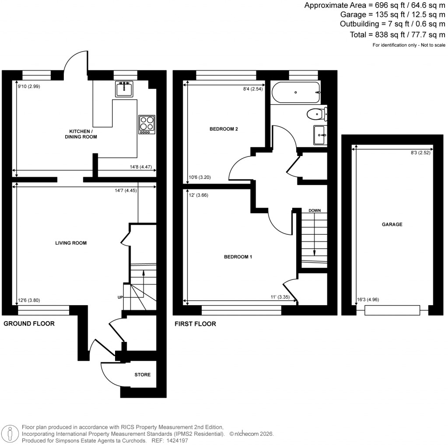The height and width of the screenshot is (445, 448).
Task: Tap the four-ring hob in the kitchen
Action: [147, 124]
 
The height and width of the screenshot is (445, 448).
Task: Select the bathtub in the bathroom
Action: [296, 93]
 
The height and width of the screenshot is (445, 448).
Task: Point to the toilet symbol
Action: [317, 115]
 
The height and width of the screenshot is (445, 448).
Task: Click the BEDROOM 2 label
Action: [224, 129]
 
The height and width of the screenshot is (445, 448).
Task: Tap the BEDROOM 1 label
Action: [238, 257]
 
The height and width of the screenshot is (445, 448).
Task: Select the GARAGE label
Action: [392, 224]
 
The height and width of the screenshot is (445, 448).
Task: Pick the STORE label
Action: [142, 375]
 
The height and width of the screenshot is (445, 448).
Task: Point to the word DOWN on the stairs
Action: [315, 210]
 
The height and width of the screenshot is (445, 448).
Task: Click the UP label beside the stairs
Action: [119, 298]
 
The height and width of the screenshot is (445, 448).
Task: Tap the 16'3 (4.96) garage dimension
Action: [365, 299]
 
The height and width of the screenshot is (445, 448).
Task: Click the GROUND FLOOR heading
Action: [29, 324]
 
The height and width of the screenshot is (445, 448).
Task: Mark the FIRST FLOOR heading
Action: [195, 324]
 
